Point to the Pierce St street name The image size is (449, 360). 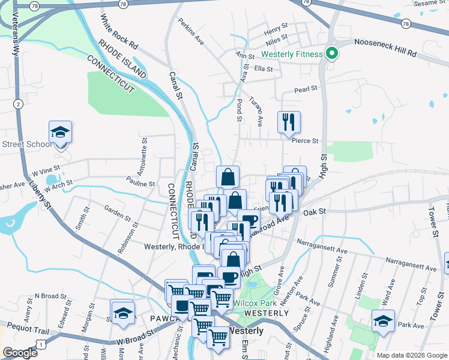[x=305, y=142]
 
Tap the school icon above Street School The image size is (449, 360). [x=60, y=131]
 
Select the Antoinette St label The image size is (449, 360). [x=145, y=154]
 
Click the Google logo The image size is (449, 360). [x=20, y=353]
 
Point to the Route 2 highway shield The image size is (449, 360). [x=19, y=104]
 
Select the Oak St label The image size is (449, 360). [x=313, y=212]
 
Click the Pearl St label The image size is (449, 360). [x=305, y=89]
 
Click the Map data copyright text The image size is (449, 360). [x=412, y=355]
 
